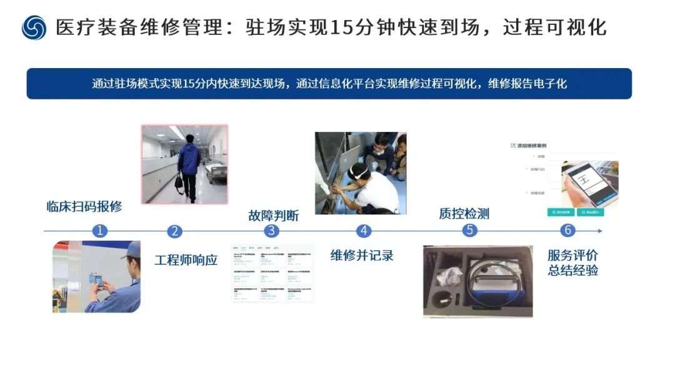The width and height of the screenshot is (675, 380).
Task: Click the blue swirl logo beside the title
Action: (x=34, y=28)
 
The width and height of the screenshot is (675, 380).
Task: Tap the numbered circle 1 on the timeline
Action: (x=99, y=231)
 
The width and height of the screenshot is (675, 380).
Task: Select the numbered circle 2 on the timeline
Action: (x=174, y=231)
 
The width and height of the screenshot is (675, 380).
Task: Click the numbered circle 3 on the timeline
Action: (x=271, y=231)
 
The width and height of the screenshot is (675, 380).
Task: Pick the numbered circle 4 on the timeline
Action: (x=364, y=231)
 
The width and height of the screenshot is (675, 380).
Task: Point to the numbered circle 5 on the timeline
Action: (x=470, y=231)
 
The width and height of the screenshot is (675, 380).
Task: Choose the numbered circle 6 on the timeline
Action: (x=567, y=231)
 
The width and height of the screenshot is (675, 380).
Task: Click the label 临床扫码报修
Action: (x=84, y=207)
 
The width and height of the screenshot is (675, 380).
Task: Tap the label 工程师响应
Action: (x=186, y=259)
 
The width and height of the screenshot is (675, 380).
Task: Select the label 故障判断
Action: (x=273, y=216)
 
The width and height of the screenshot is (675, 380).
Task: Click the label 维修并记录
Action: (x=362, y=254)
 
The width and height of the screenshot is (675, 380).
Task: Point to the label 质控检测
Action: (x=464, y=214)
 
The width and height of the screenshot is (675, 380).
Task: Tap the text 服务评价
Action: (x=572, y=255)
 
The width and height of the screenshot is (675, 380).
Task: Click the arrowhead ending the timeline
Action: (x=600, y=231)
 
